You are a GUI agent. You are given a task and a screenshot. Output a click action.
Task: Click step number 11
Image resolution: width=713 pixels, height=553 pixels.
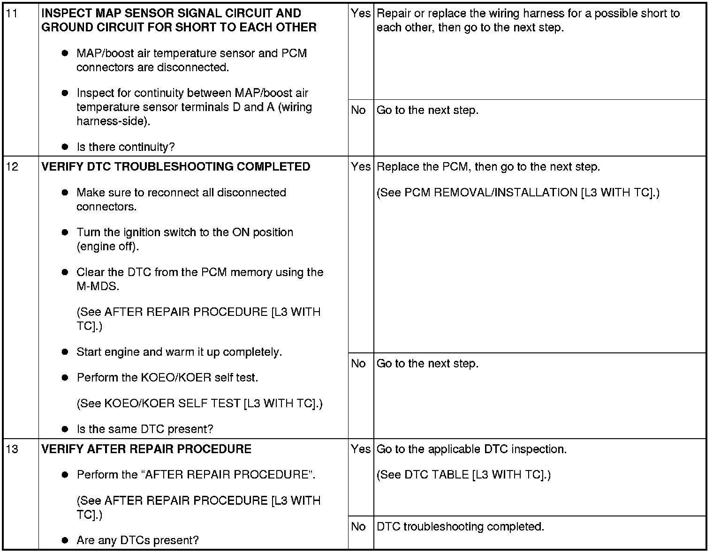pos(13,14)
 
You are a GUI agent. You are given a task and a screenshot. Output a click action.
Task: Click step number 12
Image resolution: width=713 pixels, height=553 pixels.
pos(13,167)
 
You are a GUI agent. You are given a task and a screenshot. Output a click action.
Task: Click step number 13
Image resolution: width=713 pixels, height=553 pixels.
pos(13,449)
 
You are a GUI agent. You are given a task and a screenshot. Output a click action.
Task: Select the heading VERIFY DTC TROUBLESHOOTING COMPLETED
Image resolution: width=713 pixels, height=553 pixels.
pos(176,167)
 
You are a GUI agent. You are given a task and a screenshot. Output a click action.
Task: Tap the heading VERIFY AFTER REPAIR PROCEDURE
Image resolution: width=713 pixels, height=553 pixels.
pos(146,449)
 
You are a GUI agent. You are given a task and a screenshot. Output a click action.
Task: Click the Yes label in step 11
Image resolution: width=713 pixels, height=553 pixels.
pos(360,14)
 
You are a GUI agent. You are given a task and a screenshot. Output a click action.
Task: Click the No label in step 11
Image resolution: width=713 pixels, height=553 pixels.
pos(358,110)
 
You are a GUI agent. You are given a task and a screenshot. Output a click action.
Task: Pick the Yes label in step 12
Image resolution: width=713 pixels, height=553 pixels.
pos(360,167)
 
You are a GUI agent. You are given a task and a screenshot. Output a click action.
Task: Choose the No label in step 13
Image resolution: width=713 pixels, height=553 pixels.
pos(358,526)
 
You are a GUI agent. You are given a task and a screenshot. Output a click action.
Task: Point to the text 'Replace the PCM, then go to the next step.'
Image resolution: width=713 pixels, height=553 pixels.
pos(488,167)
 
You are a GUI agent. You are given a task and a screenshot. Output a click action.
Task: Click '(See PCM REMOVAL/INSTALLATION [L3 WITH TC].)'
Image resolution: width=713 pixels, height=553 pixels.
pos(518,193)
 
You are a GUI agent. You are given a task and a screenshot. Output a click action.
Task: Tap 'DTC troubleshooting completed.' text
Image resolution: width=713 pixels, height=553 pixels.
pos(460,526)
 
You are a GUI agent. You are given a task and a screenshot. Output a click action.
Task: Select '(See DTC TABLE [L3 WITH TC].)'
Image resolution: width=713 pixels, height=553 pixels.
pos(463,475)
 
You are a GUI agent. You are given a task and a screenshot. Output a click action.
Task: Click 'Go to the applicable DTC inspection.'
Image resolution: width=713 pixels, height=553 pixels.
pos(471,449)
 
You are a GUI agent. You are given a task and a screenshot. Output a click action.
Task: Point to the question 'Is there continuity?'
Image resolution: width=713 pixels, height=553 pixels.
pos(125,147)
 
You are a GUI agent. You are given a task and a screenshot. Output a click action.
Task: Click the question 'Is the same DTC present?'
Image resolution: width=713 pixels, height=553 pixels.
pos(144,429)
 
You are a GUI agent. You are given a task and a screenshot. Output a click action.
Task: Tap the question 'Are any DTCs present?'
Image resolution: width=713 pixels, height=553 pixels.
pos(137,540)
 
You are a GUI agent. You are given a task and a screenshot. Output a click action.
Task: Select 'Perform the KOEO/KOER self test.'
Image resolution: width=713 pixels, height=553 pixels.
pos(167,378)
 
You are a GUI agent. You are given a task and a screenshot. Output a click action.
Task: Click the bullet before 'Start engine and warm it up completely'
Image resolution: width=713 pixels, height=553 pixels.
pos(65,352)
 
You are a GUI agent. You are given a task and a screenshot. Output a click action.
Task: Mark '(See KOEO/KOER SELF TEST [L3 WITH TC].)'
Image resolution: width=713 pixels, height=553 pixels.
pos(199,404)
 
